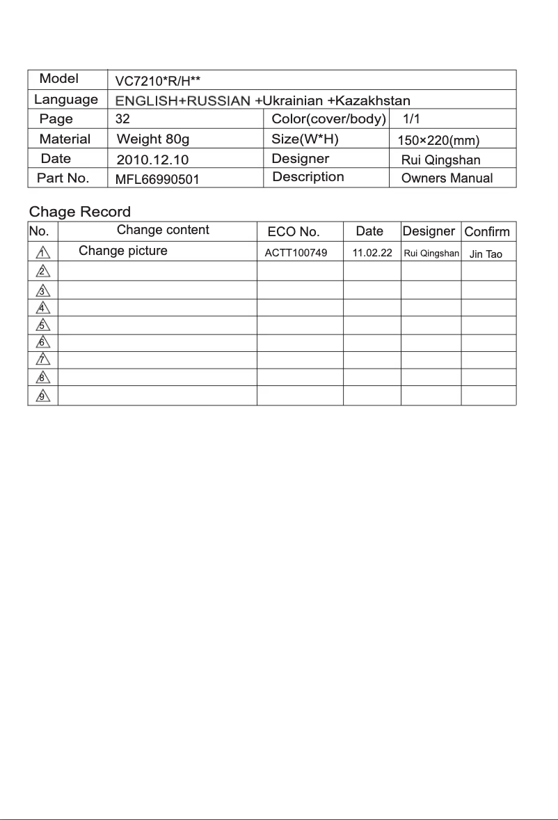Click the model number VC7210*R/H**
pos(158,81)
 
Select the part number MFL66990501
pos(157,180)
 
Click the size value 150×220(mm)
pos(438,141)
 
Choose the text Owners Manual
pos(447,178)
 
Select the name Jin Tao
pos(486,254)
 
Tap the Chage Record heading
pos(79,212)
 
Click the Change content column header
pos(163,230)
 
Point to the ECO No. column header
pos(294,232)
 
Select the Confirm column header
pos(487,232)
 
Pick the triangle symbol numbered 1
pos(43,252)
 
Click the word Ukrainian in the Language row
pos(292,101)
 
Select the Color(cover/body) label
pos(328,119)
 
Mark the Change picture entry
pos(123,251)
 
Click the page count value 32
pos(122,119)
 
